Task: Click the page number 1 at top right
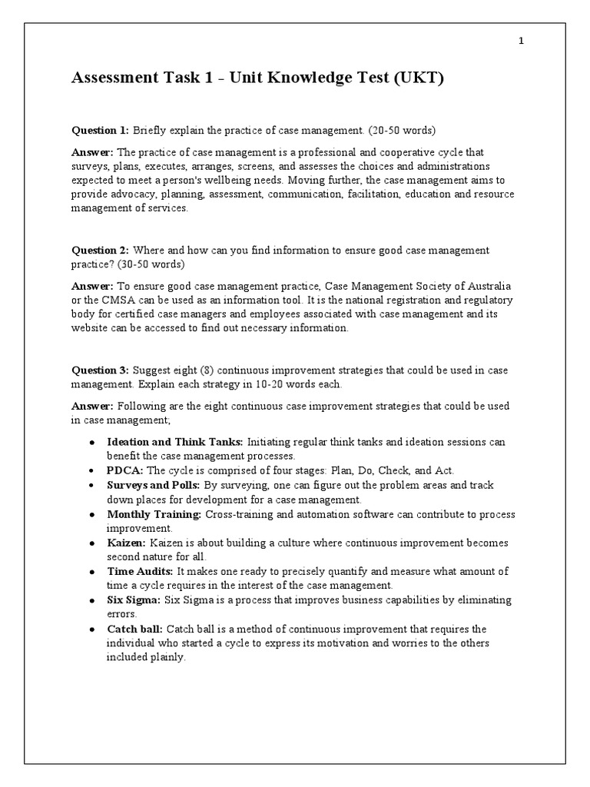[521, 42]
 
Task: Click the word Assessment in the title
[116, 79]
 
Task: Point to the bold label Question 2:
[101, 251]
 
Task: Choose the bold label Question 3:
[101, 370]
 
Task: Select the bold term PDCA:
[124, 470]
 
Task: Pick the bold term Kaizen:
[127, 543]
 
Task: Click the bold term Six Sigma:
[134, 600]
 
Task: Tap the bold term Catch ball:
[134, 629]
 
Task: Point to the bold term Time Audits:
[141, 572]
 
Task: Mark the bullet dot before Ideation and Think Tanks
[92, 443]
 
